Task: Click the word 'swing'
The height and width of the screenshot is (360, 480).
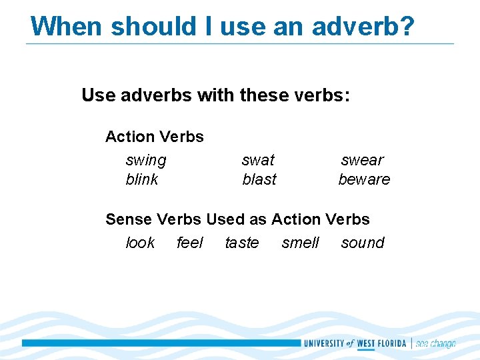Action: click(146, 161)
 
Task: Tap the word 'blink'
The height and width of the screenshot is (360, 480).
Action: click(142, 179)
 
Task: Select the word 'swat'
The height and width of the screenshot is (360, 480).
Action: click(258, 160)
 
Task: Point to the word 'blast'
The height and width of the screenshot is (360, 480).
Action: click(259, 179)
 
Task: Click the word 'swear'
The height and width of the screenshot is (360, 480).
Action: click(362, 160)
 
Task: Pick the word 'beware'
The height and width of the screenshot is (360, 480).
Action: click(364, 179)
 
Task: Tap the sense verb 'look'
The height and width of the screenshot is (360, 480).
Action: click(140, 243)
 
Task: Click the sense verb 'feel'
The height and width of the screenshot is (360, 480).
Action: click(189, 243)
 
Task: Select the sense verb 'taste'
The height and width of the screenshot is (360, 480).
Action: click(241, 243)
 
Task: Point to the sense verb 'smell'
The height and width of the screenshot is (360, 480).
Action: click(301, 243)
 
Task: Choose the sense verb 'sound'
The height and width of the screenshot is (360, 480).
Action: click(363, 243)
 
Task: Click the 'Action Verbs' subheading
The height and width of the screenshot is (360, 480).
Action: click(155, 137)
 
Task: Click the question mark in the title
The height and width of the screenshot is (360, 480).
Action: click(407, 27)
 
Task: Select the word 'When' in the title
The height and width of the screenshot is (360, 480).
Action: click(67, 27)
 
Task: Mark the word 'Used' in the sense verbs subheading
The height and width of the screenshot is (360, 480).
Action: click(227, 219)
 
